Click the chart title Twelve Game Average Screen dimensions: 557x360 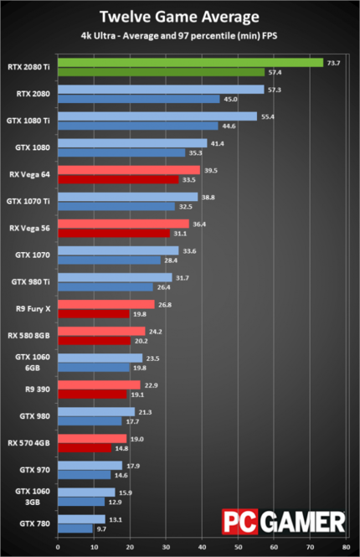tap(180, 16)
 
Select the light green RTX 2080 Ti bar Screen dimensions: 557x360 tap(190, 63)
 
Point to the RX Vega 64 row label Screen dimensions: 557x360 tap(29, 174)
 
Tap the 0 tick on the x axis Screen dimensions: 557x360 tap(58, 548)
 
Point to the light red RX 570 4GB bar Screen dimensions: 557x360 tap(92, 438)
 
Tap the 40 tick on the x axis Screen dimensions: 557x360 tap(202, 548)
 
